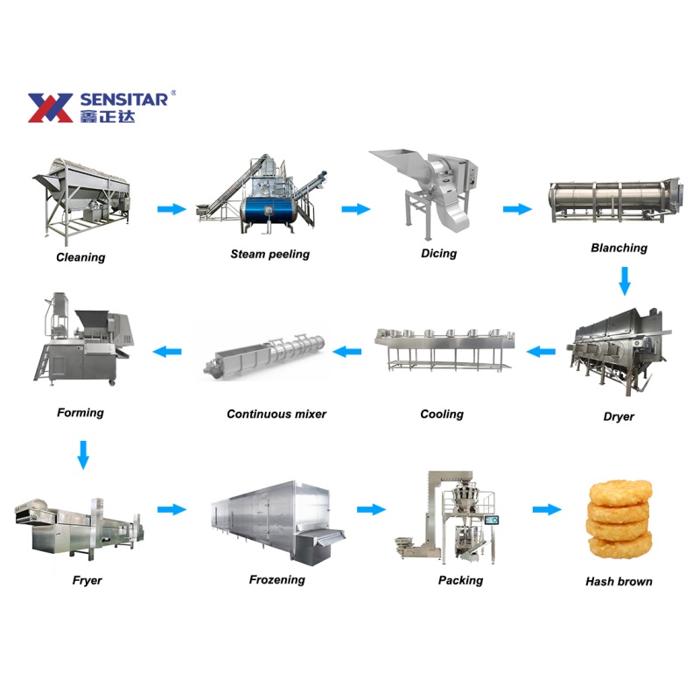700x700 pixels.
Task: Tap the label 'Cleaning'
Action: pos(80,257)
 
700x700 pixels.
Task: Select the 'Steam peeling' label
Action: pos(269,255)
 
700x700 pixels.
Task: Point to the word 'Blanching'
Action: pos(619,248)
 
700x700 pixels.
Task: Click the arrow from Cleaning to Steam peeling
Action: pos(172,209)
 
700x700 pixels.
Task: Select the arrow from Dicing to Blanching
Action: pos(518,209)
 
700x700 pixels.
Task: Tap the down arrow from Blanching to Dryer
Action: pos(624,281)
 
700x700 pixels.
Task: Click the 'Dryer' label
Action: pos(619,416)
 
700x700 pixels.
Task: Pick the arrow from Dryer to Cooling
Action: pos(541,352)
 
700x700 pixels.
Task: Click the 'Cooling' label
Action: pos(442,414)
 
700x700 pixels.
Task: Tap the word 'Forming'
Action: pos(80,412)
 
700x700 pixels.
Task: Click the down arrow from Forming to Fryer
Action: pos(83,455)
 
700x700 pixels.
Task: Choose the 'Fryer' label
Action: pos(87,580)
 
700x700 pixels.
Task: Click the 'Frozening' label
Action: pos(276,579)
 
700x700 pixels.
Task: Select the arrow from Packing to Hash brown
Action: pos(547,509)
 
